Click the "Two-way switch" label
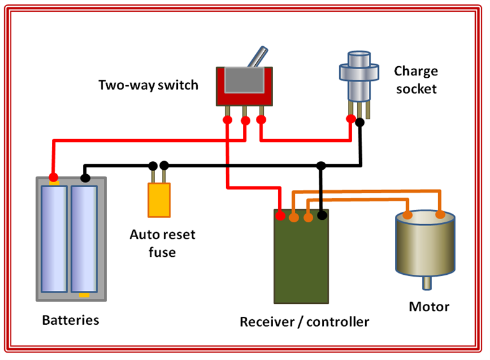pos(148,85)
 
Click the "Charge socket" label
pos(415,80)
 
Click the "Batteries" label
pos(70,320)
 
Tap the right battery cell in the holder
pos(84,238)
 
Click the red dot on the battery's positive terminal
pos(54,177)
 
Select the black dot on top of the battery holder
pos(85,178)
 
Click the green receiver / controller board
pos(301,259)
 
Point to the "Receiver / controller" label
pos(304,322)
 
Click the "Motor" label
pos(429,307)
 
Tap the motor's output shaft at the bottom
pos(426,283)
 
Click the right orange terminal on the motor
pos(440,214)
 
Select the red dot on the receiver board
pos(281,216)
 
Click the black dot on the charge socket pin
pos(360,122)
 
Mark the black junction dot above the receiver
pos(321,165)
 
